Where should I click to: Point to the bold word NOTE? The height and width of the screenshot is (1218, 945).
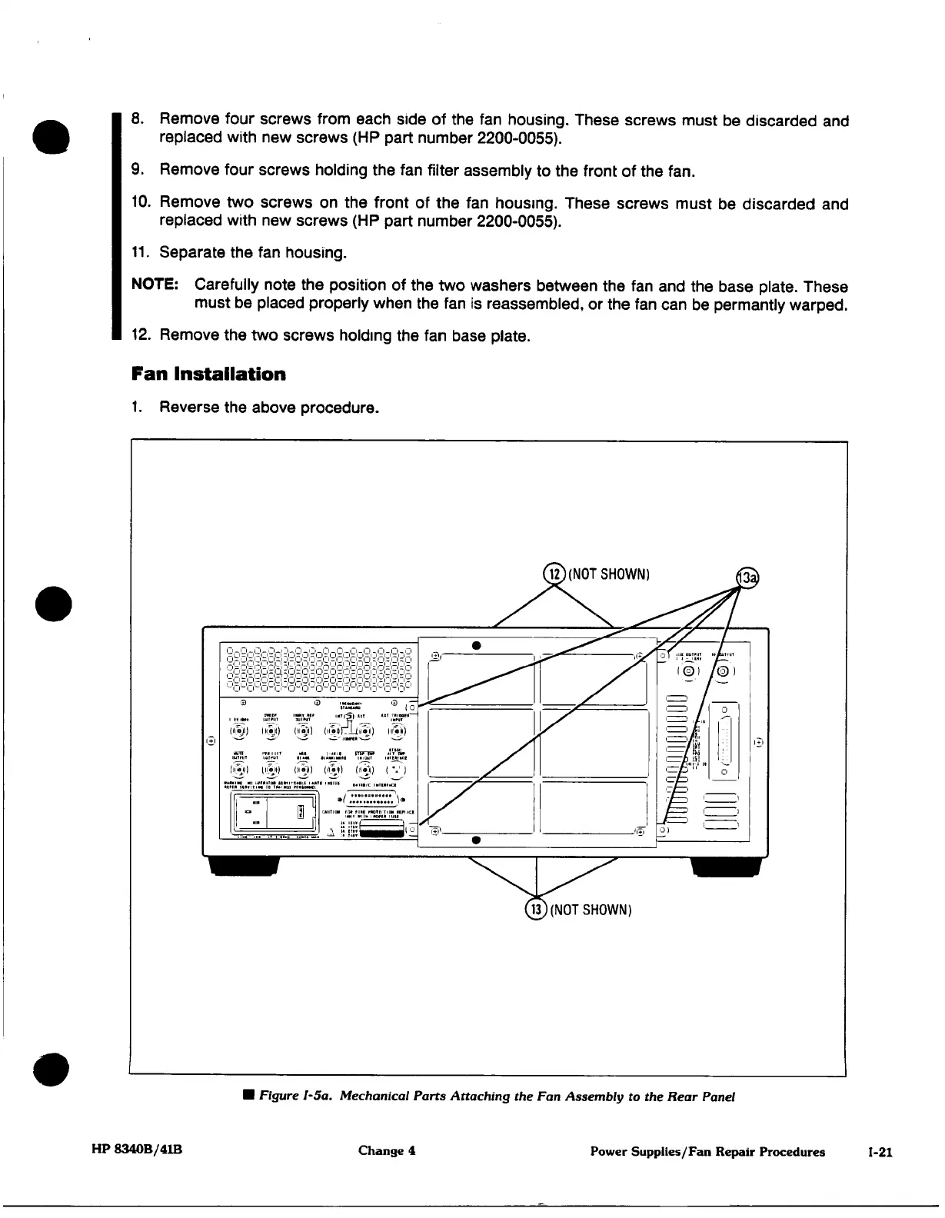pos(156,286)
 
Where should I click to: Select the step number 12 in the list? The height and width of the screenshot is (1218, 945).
pos(140,336)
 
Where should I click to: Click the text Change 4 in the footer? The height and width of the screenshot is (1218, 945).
pos(387,1151)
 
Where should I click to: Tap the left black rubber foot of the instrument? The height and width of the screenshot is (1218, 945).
pos(244,865)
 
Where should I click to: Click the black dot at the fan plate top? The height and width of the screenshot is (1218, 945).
pos(477,644)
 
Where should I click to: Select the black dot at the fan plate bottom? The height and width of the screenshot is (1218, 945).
pos(477,840)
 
